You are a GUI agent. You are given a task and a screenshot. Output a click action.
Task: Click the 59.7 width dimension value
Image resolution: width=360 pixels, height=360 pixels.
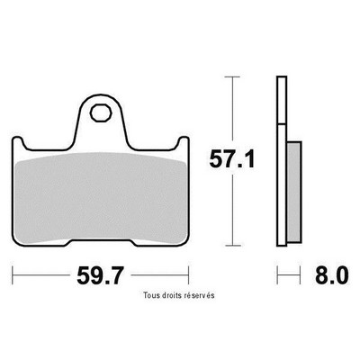point(100,275)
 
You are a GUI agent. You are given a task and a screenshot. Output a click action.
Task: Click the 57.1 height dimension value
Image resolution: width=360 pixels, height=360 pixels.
point(232,159)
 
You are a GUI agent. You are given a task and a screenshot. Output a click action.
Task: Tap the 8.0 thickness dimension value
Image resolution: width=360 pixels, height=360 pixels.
point(331,275)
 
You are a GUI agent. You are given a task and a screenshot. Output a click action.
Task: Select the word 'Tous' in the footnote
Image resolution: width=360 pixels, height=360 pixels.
point(149,295)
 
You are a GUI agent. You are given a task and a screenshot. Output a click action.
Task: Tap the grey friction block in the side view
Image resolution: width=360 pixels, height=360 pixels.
point(294,192)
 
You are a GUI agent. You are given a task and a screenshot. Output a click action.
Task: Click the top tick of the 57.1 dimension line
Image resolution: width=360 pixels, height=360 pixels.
point(232,77)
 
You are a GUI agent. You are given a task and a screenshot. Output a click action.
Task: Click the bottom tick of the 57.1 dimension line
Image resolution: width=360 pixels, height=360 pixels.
point(232,245)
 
